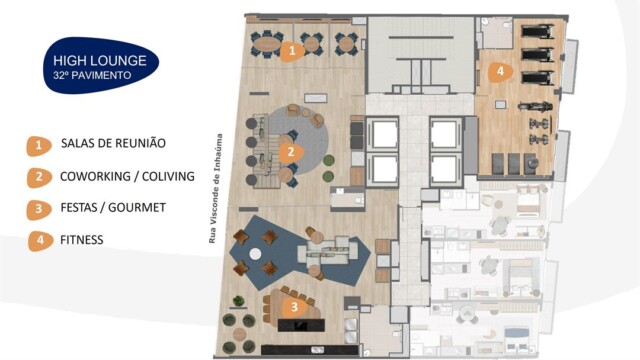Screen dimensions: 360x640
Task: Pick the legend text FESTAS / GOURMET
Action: (113, 208)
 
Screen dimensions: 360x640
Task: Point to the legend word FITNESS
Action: (81, 240)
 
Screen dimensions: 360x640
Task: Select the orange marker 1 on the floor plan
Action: (291, 49)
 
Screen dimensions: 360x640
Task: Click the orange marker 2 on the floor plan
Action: (289, 153)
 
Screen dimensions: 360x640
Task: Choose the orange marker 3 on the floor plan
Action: (293, 306)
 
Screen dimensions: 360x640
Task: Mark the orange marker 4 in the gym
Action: (499, 71)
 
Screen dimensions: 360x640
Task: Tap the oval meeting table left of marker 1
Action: (266, 43)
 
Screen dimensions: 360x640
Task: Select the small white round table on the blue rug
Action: (268, 253)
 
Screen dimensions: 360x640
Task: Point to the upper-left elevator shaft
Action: (383, 132)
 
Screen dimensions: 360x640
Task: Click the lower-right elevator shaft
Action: (443, 168)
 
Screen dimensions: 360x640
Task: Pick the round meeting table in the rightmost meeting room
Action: (346, 43)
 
